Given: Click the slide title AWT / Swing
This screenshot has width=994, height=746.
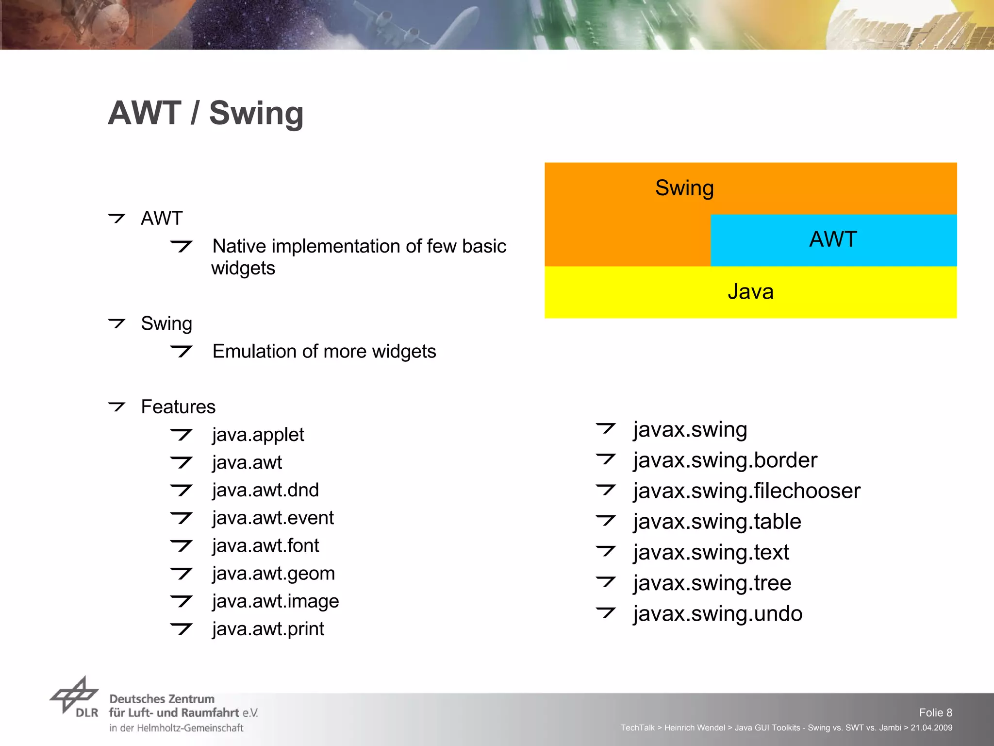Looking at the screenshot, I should (x=206, y=113).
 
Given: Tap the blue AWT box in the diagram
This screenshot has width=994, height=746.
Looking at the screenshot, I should (x=833, y=240).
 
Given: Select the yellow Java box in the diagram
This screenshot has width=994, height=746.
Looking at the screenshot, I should (x=750, y=292).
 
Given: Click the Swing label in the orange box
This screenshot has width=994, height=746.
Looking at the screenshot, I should (x=684, y=188).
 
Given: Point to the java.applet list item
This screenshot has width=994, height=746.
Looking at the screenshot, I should (x=258, y=435).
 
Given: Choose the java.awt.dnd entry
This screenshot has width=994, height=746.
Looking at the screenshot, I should (x=265, y=490).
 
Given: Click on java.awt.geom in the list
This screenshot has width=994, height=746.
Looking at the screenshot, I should (x=274, y=574).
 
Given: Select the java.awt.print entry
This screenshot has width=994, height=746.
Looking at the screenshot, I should (x=268, y=629).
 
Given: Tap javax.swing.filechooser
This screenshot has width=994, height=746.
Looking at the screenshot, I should (x=747, y=491).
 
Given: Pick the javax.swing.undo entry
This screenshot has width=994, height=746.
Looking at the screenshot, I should (x=718, y=614).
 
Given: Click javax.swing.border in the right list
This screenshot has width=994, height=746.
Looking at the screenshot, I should (x=725, y=460).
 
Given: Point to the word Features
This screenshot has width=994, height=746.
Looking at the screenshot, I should (x=178, y=407).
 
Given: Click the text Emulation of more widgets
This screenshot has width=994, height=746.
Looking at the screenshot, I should (x=324, y=352).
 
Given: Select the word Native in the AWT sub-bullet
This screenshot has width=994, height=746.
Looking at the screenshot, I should (x=240, y=247).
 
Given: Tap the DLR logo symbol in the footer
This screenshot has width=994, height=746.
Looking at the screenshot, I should (x=74, y=696).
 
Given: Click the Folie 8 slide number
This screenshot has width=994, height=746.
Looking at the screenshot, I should (x=935, y=712).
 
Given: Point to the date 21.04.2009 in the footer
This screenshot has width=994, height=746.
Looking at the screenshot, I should (x=931, y=728).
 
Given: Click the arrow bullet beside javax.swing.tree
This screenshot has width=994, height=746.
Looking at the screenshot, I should (x=606, y=581).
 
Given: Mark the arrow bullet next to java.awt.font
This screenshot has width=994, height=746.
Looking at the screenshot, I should (x=182, y=546).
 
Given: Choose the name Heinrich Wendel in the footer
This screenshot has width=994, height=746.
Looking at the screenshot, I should (x=695, y=728).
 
